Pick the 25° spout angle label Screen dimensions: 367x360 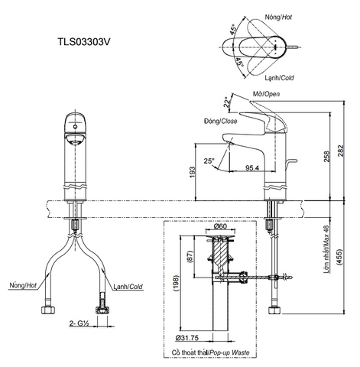[x=210, y=161]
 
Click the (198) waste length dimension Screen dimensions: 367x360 [x=175, y=285]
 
